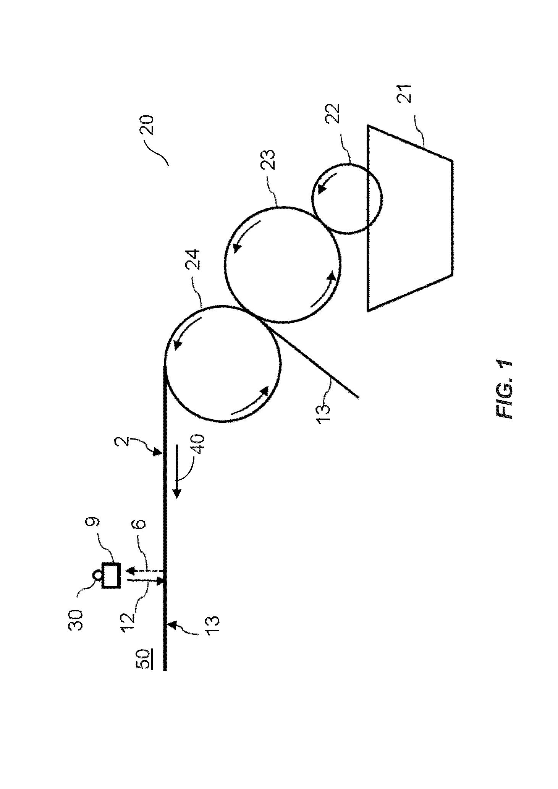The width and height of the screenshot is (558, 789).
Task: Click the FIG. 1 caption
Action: (505, 390)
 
